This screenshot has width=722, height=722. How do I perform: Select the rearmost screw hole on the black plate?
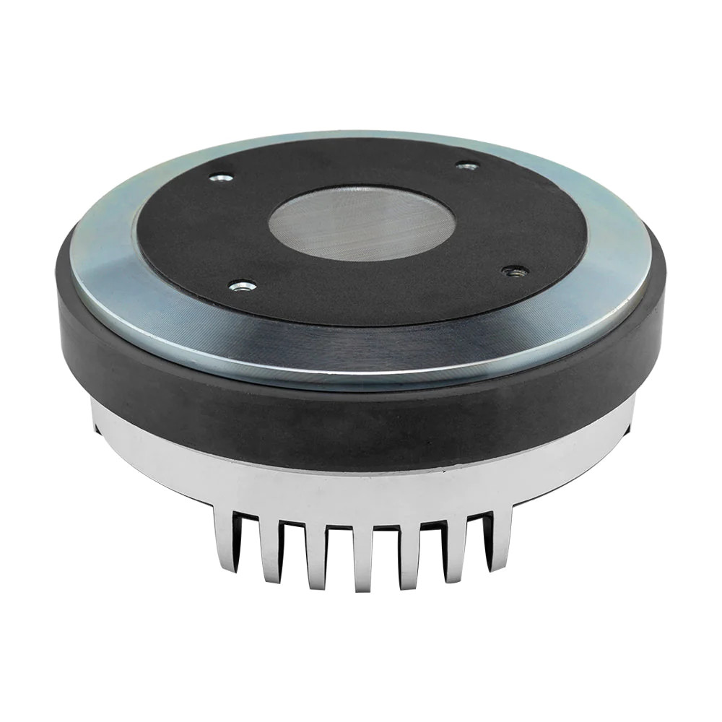467,166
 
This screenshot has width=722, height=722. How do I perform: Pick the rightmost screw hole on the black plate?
516,271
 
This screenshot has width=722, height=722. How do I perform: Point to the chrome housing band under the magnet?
361,491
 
